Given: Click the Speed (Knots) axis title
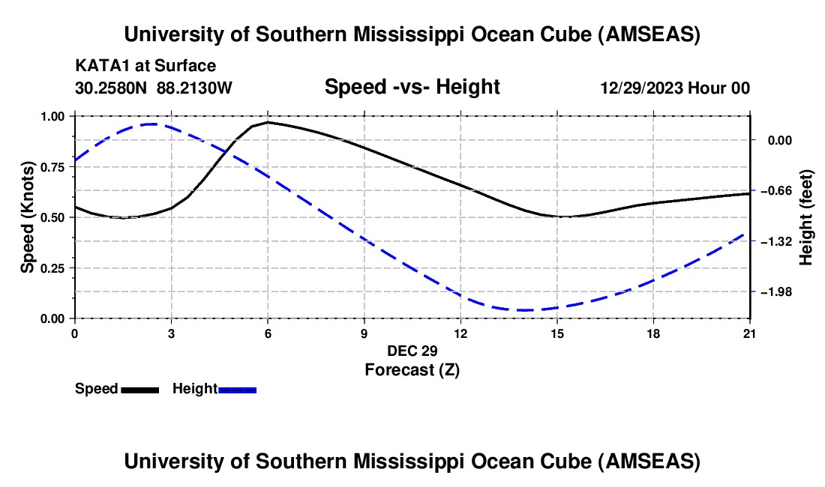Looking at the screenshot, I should click(x=28, y=217).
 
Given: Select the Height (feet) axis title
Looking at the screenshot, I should click(x=806, y=217).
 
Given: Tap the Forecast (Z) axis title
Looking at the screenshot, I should click(x=412, y=369).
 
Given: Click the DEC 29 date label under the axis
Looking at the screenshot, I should click(x=412, y=351).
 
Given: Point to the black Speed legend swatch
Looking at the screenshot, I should click(x=139, y=389).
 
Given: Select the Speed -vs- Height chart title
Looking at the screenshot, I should click(x=412, y=87).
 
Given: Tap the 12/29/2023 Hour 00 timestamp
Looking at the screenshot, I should click(x=675, y=88).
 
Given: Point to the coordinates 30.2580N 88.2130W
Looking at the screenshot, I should click(x=154, y=88).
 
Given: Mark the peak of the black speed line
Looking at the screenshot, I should click(x=268, y=121).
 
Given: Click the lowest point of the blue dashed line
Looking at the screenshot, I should click(x=525, y=310).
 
